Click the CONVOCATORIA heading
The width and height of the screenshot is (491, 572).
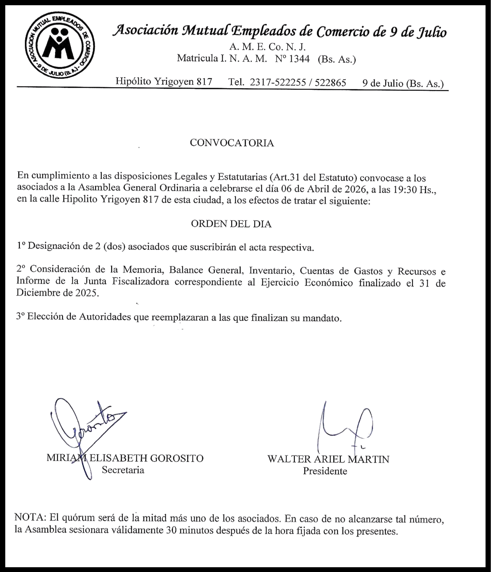coord(232,143)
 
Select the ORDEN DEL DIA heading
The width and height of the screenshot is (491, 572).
coord(231,224)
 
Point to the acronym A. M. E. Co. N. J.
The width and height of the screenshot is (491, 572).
coord(268,47)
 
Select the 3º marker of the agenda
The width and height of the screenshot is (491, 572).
coord(21,316)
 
